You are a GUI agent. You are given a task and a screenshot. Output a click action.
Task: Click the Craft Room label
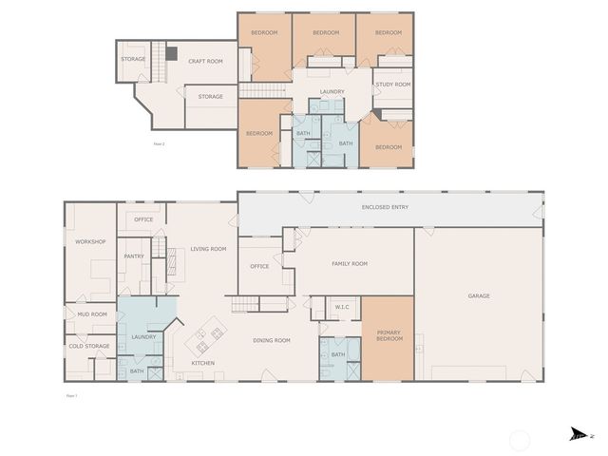click(x=205, y=61)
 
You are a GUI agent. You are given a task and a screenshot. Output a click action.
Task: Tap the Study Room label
click(x=392, y=85)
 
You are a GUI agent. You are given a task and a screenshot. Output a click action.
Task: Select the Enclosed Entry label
click(x=386, y=206)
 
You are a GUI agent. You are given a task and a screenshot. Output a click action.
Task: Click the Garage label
click(x=479, y=295)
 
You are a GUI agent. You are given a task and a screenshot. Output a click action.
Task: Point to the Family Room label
click(x=349, y=263)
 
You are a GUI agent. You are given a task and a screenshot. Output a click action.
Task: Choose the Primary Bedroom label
click(x=389, y=335)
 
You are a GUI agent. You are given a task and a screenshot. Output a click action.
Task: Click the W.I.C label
click(x=343, y=306)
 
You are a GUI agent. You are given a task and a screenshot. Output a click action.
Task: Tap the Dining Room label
click(x=271, y=340)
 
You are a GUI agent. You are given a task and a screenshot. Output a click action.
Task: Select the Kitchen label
click(x=203, y=363)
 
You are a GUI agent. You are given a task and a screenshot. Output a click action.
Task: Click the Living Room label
click(x=208, y=249)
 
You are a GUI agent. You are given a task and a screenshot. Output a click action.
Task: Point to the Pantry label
click(x=134, y=256)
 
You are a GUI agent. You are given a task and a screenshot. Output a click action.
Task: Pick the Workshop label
click(x=90, y=241)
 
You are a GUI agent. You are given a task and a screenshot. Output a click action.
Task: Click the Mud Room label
click(x=92, y=314)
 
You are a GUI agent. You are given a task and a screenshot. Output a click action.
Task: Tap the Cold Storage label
click(x=90, y=346)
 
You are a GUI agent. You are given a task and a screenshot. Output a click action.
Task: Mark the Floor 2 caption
click(x=159, y=143)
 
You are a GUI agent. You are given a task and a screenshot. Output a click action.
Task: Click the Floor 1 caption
click(x=70, y=394)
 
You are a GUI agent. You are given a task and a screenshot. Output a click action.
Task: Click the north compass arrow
click(x=578, y=435)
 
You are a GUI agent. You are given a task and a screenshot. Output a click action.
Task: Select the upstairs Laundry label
click(x=332, y=91)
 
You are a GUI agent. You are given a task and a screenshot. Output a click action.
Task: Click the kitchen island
click(x=209, y=334)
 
